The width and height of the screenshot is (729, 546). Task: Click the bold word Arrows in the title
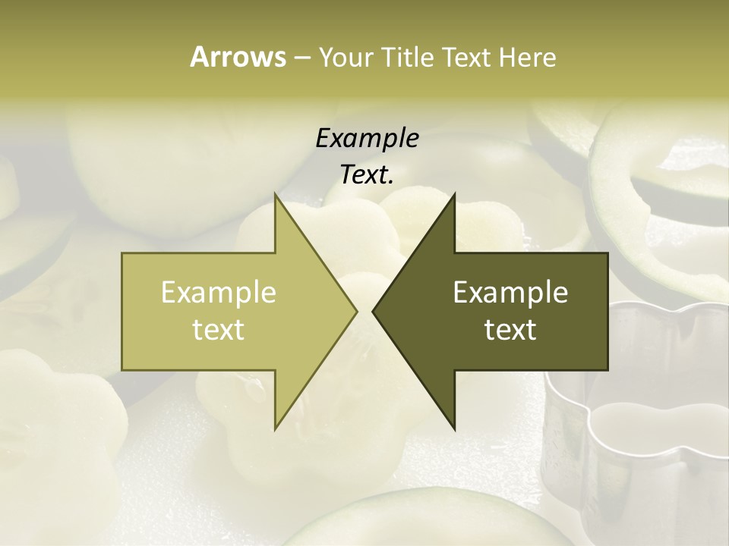(238, 57)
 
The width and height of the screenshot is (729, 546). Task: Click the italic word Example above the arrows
(367, 138)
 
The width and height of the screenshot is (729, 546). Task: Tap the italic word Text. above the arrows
(367, 174)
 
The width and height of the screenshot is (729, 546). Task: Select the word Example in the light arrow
(219, 292)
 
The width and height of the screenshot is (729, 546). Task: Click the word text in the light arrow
(219, 329)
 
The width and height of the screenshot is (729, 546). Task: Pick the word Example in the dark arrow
(510, 292)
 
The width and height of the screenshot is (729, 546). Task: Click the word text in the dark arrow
(510, 329)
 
